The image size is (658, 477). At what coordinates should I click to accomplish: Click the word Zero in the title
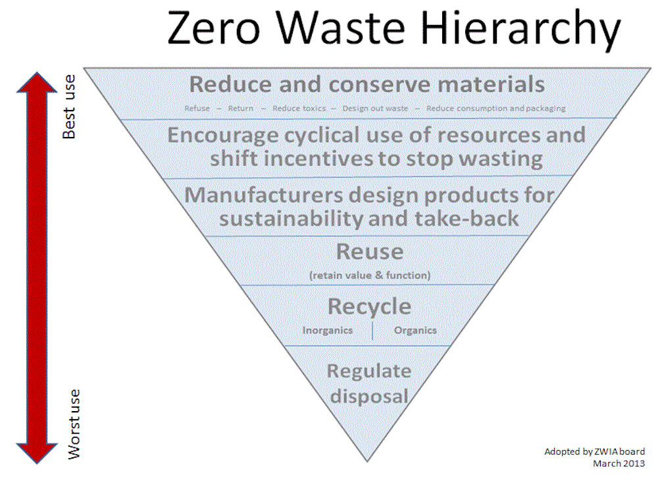click(x=214, y=28)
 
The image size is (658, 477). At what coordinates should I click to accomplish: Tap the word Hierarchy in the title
click(x=520, y=30)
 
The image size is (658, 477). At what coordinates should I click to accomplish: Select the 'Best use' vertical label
click(x=69, y=107)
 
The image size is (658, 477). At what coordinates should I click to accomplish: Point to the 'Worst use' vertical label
click(x=74, y=424)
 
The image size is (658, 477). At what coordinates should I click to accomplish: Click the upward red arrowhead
click(x=37, y=82)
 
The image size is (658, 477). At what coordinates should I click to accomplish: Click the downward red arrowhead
click(x=37, y=453)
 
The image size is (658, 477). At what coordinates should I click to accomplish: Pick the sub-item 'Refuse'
click(x=197, y=109)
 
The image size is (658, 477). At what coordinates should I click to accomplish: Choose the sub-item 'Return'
click(x=240, y=109)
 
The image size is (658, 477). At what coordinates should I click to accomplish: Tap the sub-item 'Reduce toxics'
click(x=299, y=109)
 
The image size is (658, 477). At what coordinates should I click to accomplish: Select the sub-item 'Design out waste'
click(x=375, y=109)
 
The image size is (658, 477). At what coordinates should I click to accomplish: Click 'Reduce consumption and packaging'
click(x=496, y=109)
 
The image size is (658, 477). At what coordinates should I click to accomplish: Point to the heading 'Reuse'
click(x=370, y=252)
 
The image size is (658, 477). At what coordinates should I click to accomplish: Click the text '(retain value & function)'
click(x=370, y=275)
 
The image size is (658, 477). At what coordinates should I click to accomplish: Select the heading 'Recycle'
click(x=369, y=306)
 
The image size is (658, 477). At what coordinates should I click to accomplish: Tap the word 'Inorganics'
click(x=327, y=330)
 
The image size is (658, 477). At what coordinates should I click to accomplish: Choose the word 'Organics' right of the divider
click(x=415, y=330)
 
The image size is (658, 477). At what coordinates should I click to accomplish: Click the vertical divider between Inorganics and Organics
click(x=372, y=331)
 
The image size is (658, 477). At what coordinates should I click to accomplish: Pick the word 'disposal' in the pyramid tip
click(x=369, y=397)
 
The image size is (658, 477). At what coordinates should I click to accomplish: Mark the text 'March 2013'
click(x=619, y=463)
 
